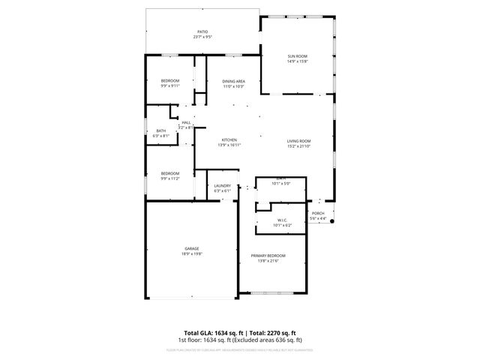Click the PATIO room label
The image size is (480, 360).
tap(202, 31)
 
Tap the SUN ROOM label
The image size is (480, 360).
tap(298, 56)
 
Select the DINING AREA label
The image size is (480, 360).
tap(234, 81)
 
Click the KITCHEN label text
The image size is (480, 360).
tap(229, 140)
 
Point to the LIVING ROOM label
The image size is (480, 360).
tap(298, 140)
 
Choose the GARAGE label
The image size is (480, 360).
tap(192, 248)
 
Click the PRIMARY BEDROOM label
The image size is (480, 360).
tap(268, 256)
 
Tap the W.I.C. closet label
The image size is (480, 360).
tap(262, 220)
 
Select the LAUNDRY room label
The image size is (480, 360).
tap(222, 186)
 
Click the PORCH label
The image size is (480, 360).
tap(318, 213)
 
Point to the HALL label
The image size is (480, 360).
tap(186, 123)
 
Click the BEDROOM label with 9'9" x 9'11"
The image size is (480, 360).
tap(169, 81)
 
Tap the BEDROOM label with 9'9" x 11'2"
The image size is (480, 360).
tap(169, 174)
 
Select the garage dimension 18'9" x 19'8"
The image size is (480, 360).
tap(192, 253)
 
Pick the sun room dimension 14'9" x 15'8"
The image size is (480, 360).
tap(298, 61)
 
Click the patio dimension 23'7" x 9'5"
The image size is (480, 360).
tap(202, 37)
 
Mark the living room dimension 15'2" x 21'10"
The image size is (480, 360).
tap(298, 145)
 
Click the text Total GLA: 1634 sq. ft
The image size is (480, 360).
tap(212, 332)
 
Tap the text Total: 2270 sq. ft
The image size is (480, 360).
tap(273, 332)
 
